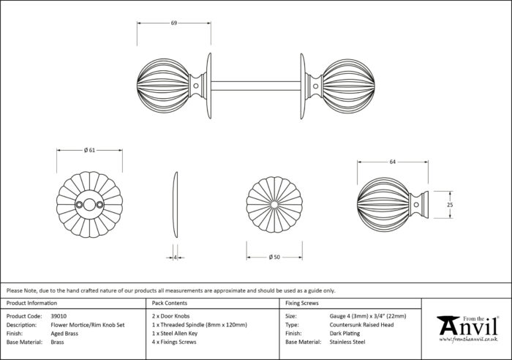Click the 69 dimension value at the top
coord(174,23)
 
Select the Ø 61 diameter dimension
coord(89,150)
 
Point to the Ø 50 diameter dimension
coord(274,257)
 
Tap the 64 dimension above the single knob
coord(393,162)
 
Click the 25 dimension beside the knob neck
coord(450,205)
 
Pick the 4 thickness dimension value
coord(176,258)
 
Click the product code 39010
coord(59,316)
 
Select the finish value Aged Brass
coord(64,334)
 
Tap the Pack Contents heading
coord(170,303)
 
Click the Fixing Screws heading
coord(301,303)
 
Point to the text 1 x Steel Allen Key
coord(175,334)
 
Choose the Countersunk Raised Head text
coord(361,325)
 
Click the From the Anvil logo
coord(468,329)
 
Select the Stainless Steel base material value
coord(347,342)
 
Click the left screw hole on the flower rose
coord(79,205)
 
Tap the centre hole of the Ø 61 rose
coord(89,205)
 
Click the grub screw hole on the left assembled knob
coord(196,86)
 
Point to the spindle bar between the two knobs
coord(256,86)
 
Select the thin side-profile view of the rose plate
coord(176,205)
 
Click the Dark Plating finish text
coord(345,334)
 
